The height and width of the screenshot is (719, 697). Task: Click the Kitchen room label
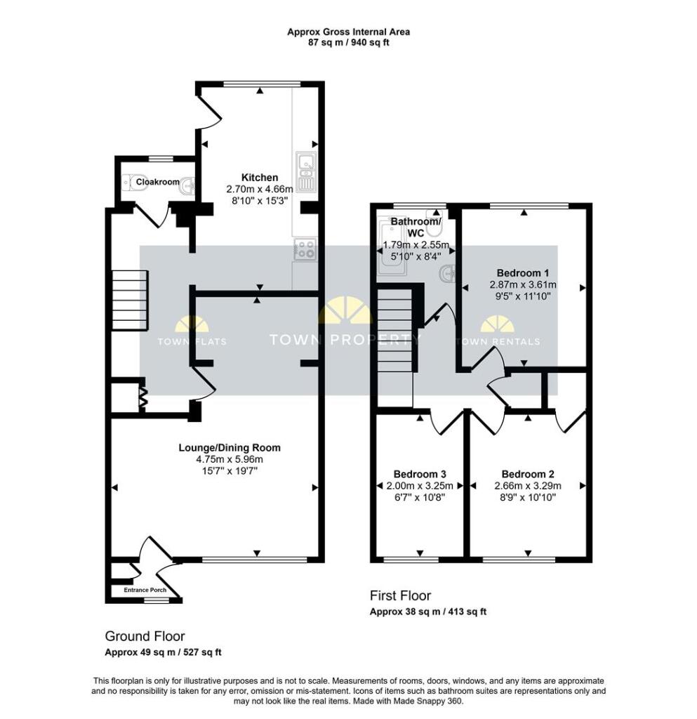[260, 178]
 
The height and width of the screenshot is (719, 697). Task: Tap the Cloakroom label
[158, 182]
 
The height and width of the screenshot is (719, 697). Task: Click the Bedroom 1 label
[523, 273]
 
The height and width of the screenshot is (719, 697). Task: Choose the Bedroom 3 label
[420, 473]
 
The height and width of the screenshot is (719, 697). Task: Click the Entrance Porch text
[145, 590]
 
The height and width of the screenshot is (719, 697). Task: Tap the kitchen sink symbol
[307, 171]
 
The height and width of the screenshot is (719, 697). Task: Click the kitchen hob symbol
[307, 249]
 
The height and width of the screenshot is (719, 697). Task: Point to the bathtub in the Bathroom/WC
[388, 246]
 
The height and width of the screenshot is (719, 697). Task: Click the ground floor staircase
[130, 302]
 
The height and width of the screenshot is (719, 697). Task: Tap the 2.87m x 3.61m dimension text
[523, 285]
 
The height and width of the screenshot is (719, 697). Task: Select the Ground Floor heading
[145, 636]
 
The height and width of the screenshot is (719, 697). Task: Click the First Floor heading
[400, 595]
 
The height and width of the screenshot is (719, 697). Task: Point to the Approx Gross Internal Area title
[348, 32]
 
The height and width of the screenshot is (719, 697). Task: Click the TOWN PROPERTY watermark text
[346, 341]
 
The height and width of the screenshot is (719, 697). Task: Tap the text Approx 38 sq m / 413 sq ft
[427, 612]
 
